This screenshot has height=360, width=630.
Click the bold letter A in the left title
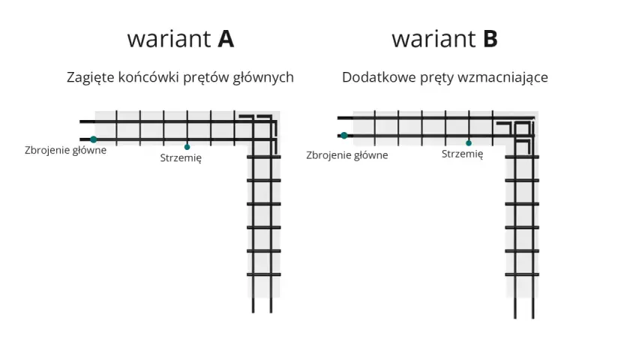point(226,39)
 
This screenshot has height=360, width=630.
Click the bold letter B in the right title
point(490,39)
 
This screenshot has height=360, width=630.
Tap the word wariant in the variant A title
point(169,39)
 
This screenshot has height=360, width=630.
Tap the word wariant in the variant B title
point(433,39)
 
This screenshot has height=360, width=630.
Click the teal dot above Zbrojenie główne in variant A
point(94,139)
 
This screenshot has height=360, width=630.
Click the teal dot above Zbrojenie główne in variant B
point(344,136)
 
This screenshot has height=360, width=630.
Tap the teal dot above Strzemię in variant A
point(187,147)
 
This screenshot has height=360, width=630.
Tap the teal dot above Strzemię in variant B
point(469,143)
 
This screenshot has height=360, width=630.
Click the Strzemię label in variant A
point(181,158)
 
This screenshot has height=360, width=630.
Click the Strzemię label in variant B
point(463,154)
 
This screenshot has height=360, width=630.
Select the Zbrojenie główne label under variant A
point(65,150)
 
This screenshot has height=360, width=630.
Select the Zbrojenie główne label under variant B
point(347,155)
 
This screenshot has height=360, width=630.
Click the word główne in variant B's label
point(370,155)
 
